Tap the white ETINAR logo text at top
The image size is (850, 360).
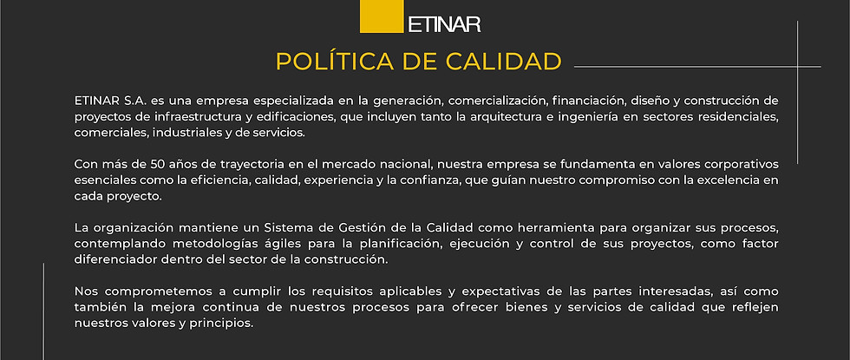(x=444, y=23)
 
